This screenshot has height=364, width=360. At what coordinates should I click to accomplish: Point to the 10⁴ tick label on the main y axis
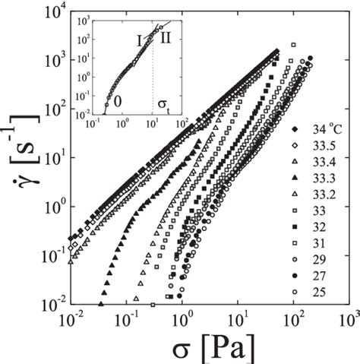55,12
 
